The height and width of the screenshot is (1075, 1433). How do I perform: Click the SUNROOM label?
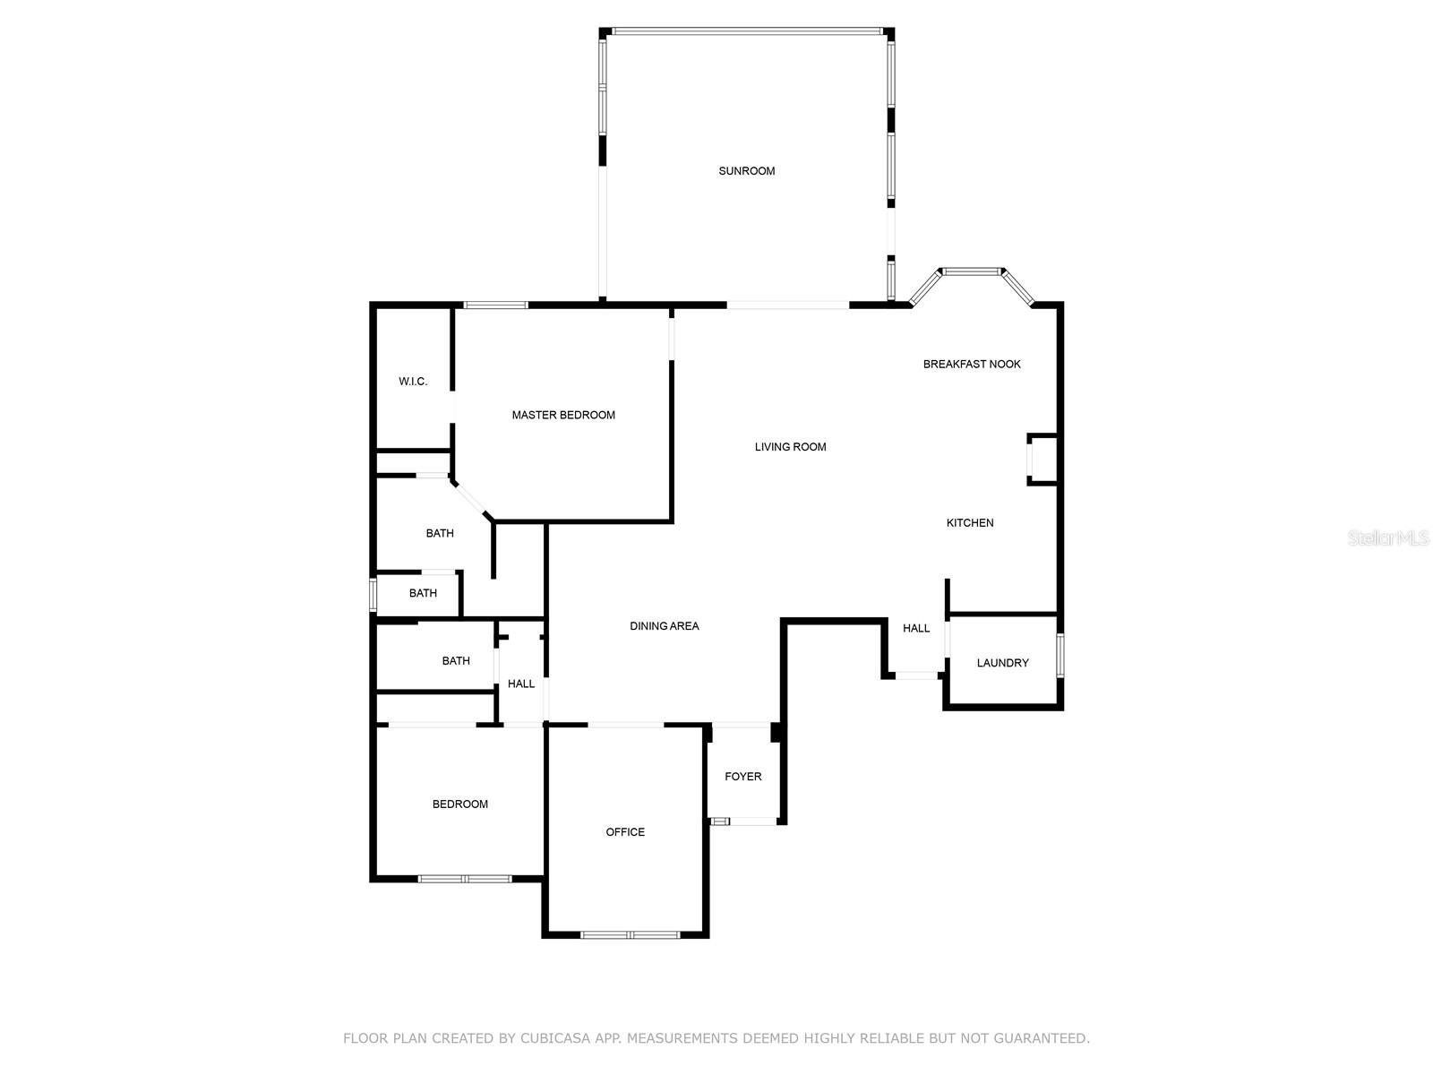(746, 171)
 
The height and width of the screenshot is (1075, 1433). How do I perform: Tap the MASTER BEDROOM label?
(562, 415)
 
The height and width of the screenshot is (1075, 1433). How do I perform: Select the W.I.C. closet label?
(413, 382)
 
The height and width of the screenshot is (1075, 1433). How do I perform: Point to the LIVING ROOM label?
(790, 447)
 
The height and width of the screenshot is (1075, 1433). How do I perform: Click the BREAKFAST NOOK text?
(972, 365)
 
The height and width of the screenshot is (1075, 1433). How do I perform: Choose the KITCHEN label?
(969, 523)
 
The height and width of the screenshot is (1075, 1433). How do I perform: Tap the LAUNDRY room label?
(1002, 663)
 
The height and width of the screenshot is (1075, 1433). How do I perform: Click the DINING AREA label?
(664, 626)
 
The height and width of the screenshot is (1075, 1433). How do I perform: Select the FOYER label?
(743, 776)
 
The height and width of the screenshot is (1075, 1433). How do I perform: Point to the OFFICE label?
(625, 831)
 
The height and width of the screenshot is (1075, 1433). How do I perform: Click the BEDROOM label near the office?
(459, 804)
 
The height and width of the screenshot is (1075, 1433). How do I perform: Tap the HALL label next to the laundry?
(916, 628)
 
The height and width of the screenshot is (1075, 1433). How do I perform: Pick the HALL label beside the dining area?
(521, 684)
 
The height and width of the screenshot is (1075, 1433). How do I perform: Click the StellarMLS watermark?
(1388, 538)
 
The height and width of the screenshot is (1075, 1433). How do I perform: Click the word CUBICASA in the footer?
(555, 1037)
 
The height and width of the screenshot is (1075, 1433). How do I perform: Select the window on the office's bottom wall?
(630, 934)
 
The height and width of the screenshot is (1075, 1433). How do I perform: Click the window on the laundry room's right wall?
(1060, 656)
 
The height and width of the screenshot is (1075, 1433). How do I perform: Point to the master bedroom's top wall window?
(495, 305)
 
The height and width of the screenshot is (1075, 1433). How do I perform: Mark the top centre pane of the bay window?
(972, 271)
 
